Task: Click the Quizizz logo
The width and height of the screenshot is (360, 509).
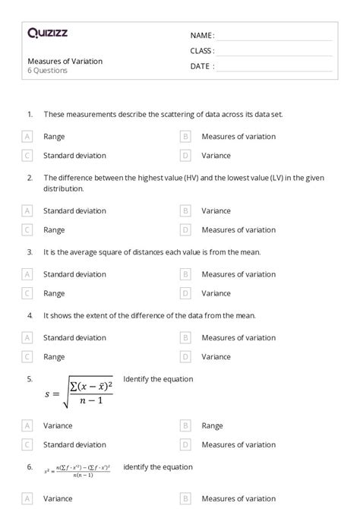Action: click(x=47, y=33)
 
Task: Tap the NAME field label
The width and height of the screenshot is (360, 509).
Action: click(x=202, y=36)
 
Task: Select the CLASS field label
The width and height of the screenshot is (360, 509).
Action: click(x=202, y=51)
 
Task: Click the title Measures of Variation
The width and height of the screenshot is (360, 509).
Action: click(x=65, y=61)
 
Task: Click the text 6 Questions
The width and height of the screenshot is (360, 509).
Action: click(x=47, y=71)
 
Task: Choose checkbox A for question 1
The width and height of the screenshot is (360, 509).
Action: click(x=27, y=137)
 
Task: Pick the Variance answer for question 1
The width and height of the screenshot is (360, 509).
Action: click(x=216, y=155)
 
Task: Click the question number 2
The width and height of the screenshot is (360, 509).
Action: click(x=30, y=178)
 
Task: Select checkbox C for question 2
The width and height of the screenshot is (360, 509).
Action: click(x=27, y=229)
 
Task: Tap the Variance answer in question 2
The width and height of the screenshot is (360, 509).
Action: click(x=216, y=211)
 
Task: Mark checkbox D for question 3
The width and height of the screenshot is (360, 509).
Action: click(x=185, y=293)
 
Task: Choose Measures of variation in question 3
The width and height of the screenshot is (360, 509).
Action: click(x=238, y=274)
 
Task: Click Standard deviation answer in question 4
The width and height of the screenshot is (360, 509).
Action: click(x=74, y=338)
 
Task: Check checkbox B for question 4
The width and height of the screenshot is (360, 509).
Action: click(x=185, y=338)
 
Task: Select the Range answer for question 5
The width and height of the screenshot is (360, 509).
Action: click(x=212, y=426)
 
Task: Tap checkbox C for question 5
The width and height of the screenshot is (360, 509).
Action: click(x=27, y=444)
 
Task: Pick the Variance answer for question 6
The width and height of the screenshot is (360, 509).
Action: click(x=58, y=499)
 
